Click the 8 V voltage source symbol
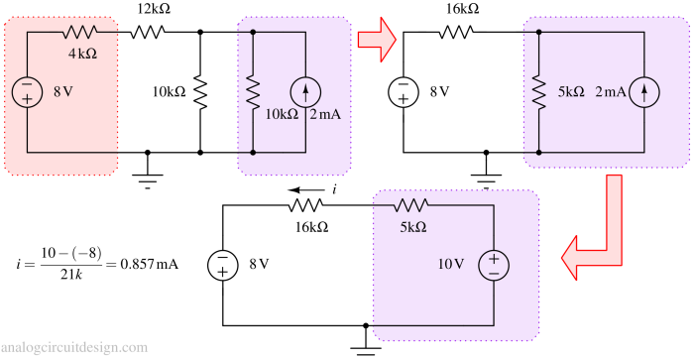click(28, 92)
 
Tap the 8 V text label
click(62, 92)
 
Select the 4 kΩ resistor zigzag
click(78, 33)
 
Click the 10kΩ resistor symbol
click(255, 92)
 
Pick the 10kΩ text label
click(282, 114)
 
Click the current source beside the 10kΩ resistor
click(305, 92)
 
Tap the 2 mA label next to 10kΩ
click(327, 114)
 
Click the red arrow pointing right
click(376, 39)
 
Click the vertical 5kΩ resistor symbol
click(538, 92)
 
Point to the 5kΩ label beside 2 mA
click(572, 92)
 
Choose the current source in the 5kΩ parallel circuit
click(645, 92)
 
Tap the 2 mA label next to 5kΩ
click(611, 92)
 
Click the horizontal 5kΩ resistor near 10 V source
click(410, 205)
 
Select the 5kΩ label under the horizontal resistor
click(412, 227)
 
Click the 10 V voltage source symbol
click(494, 265)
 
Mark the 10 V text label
click(451, 265)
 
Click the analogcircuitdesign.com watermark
click(74, 348)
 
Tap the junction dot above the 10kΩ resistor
click(255, 32)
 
